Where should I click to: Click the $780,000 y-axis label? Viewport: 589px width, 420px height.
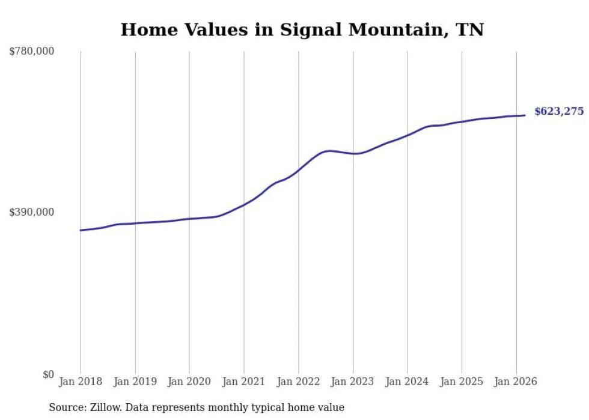coord(31,52)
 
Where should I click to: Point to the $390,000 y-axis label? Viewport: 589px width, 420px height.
coord(31,212)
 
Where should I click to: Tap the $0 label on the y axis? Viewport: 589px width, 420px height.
coord(48,374)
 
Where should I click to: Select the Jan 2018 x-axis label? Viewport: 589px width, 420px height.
coord(81,382)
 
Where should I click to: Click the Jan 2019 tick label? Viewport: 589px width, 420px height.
coord(135,382)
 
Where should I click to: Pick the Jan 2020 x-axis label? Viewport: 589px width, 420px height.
coord(189,382)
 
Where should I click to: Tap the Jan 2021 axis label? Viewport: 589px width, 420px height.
coord(244,382)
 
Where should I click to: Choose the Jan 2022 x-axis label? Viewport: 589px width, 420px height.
coord(298,382)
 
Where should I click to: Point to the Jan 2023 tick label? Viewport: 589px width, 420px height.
coord(353,382)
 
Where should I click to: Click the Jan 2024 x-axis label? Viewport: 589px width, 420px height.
coord(407,382)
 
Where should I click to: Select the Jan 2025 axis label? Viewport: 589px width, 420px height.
coord(462,382)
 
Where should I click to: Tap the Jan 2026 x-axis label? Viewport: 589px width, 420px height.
coord(516,382)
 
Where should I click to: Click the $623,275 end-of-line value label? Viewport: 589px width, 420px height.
coord(559,111)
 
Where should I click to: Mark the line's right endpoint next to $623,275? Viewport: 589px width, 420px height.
coord(525,115)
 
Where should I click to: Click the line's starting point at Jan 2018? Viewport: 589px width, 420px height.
coord(81,230)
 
